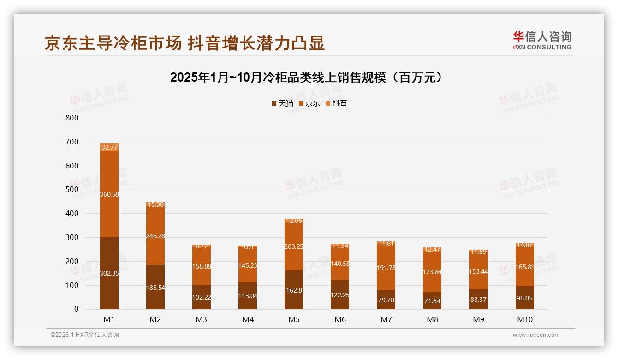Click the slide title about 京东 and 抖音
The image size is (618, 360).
click(x=184, y=43)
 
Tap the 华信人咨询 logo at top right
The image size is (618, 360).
click(x=542, y=41)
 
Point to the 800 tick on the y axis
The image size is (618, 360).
click(x=72, y=118)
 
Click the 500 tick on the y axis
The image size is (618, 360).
click(x=72, y=190)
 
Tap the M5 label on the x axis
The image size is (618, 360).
click(x=294, y=319)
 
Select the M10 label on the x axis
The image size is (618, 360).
click(x=524, y=319)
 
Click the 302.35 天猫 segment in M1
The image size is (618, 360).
click(x=109, y=273)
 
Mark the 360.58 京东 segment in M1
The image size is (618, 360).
click(x=109, y=194)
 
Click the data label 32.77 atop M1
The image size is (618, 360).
click(x=109, y=147)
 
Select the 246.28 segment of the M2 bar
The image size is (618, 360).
click(x=155, y=235)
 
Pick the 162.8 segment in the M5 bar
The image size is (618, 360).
click(x=294, y=290)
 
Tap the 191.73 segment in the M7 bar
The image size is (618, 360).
click(x=386, y=268)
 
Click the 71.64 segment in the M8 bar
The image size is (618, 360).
click(x=432, y=300)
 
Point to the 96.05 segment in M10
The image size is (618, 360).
click(x=524, y=298)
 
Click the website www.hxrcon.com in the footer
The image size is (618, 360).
click(x=535, y=335)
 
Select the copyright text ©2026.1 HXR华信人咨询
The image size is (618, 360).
click(x=85, y=335)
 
